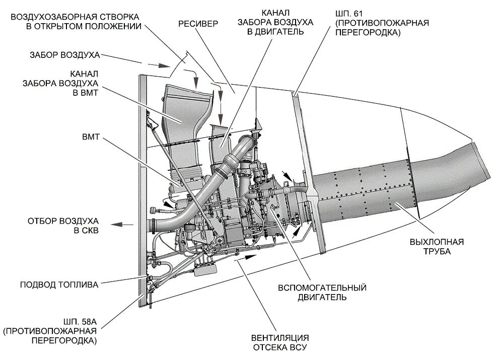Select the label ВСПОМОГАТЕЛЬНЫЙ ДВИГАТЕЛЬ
point(322,292)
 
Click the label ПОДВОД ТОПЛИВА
point(60,284)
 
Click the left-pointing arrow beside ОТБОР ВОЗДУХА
point(121,225)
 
